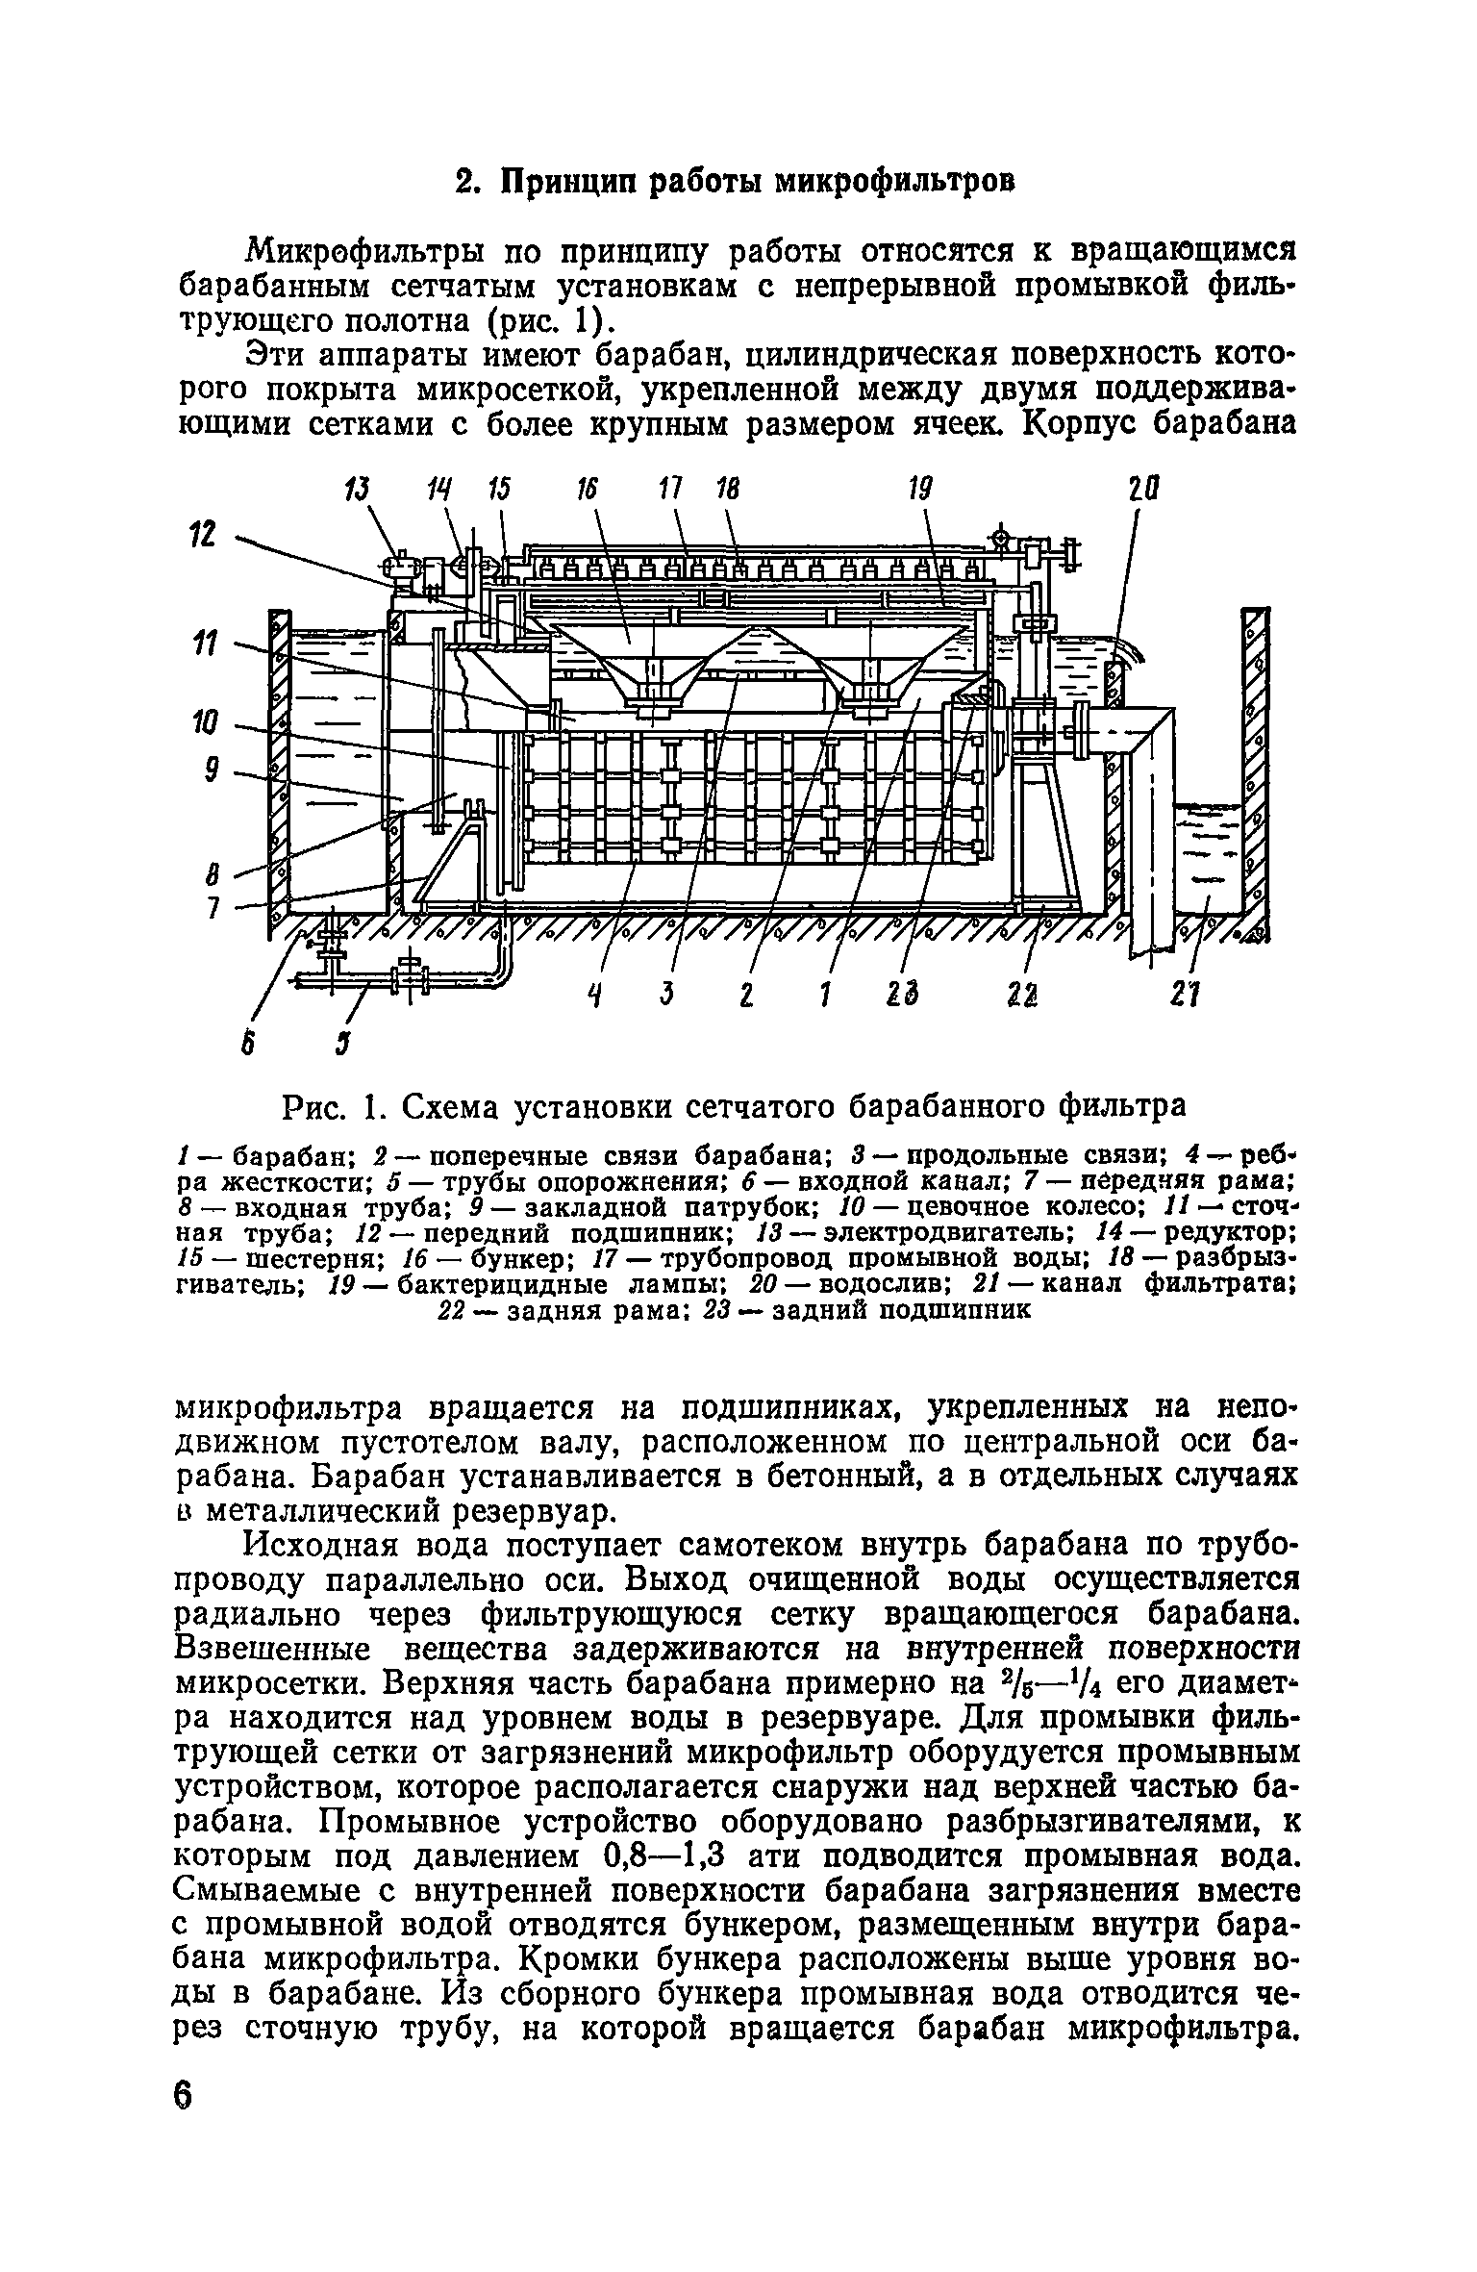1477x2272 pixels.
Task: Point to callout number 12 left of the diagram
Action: [204, 535]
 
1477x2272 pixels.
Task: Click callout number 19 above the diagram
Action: [920, 491]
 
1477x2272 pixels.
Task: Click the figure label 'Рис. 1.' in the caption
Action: [332, 1108]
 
